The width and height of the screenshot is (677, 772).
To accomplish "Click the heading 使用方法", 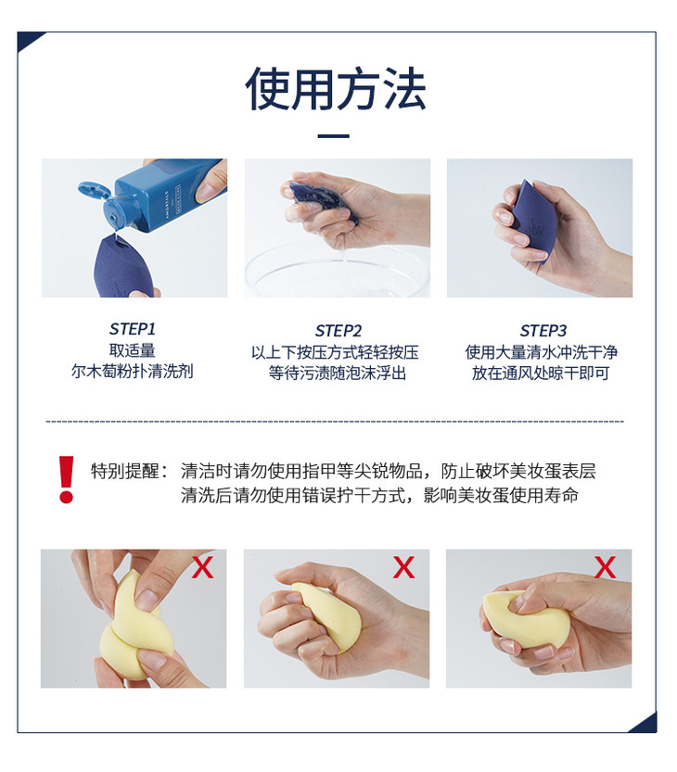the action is (336, 89).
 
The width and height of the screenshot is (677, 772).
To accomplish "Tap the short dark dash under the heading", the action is (334, 136).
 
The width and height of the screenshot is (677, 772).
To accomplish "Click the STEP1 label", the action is (133, 328).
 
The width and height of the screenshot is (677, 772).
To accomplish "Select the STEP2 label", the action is (338, 330).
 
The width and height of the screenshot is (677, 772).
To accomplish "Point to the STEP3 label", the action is (543, 330).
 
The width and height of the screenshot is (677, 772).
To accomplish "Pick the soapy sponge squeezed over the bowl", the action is (319, 202).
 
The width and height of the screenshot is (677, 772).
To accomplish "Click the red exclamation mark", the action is (66, 479).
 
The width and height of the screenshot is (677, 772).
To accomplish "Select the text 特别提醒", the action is (124, 471).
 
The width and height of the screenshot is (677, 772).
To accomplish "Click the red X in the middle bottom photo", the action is (403, 567).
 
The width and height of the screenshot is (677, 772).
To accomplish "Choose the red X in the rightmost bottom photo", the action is (605, 567).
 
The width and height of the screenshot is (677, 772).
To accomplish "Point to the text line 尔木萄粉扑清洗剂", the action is (132, 372).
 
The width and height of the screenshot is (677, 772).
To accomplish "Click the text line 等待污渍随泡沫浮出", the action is (338, 373).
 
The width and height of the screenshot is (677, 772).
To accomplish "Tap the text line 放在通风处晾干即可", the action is (541, 373).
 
